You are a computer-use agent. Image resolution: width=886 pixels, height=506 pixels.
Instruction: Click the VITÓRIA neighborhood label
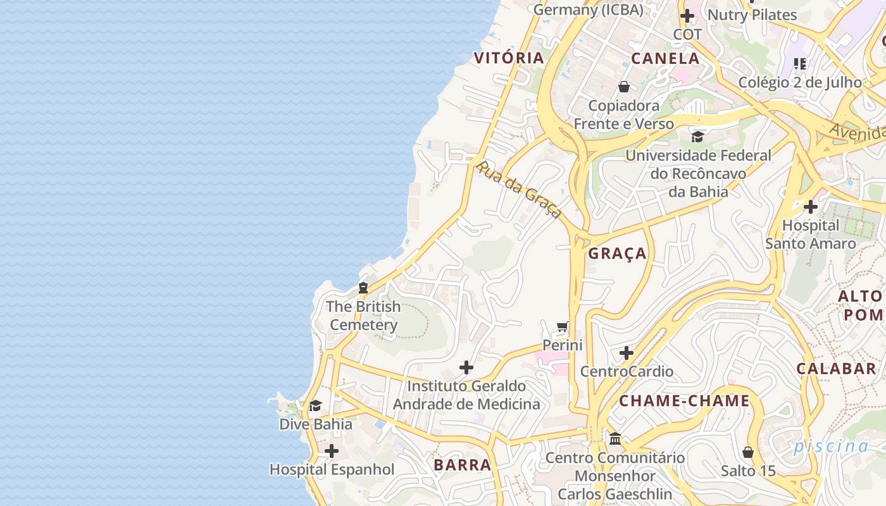click(x=509, y=58)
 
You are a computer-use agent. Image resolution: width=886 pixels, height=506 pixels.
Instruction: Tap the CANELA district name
click(x=665, y=59)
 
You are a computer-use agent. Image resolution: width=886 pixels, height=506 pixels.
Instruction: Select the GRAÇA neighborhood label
click(x=617, y=254)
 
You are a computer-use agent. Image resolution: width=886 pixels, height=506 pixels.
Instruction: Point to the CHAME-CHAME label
click(x=684, y=401)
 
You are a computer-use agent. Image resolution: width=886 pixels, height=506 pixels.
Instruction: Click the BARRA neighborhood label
click(x=463, y=465)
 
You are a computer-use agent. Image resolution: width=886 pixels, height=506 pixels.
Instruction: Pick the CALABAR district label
click(x=836, y=369)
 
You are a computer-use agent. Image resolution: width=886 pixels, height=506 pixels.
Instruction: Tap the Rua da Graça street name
click(x=518, y=189)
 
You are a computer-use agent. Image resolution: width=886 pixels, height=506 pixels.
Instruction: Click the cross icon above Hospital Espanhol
click(x=331, y=452)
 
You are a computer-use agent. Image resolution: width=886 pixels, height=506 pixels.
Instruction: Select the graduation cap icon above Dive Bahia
click(x=315, y=405)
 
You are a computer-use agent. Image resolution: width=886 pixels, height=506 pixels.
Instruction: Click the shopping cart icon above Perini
click(x=562, y=327)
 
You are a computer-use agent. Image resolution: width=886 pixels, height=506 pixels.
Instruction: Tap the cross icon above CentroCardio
click(x=627, y=353)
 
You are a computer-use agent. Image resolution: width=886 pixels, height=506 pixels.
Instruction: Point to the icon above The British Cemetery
click(x=363, y=288)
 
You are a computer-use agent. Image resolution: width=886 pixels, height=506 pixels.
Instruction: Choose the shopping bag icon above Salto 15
click(x=747, y=452)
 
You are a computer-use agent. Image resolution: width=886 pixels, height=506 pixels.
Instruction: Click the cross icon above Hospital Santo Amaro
click(x=810, y=207)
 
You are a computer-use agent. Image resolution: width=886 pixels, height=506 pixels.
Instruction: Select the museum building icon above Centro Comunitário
click(x=615, y=438)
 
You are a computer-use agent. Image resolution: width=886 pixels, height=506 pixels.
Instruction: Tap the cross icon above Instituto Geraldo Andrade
click(x=466, y=367)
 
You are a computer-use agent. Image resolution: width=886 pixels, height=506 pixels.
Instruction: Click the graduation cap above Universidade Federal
click(x=697, y=137)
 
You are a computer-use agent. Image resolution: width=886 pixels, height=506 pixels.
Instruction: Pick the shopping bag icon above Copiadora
click(x=624, y=87)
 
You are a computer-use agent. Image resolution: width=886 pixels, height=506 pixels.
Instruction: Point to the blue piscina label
click(x=831, y=447)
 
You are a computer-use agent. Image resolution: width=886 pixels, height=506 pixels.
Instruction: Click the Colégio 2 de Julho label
click(x=800, y=82)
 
